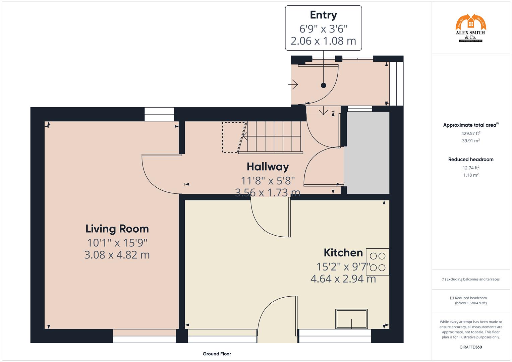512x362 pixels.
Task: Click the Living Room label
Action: tap(117, 229)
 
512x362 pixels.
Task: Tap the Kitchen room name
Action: tap(343, 253)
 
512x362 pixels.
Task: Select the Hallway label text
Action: tap(268, 167)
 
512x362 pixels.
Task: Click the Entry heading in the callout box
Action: tap(323, 15)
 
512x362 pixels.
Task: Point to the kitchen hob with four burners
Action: tap(378, 262)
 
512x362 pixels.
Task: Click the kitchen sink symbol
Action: tap(351, 319)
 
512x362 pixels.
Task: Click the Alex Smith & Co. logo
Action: tap(470, 28)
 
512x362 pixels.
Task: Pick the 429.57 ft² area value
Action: tap(470, 133)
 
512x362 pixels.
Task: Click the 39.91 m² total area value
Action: tap(470, 141)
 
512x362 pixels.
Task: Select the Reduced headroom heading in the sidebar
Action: tap(470, 160)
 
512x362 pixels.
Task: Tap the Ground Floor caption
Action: tap(217, 354)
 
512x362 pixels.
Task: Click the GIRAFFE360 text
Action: tap(470, 347)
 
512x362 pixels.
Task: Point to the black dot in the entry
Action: tap(323, 85)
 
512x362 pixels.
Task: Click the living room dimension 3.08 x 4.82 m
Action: tap(117, 255)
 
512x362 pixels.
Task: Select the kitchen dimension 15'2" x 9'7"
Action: tap(343, 267)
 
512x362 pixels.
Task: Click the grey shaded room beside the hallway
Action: tap(368, 153)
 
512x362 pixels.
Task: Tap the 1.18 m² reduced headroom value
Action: tap(470, 175)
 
